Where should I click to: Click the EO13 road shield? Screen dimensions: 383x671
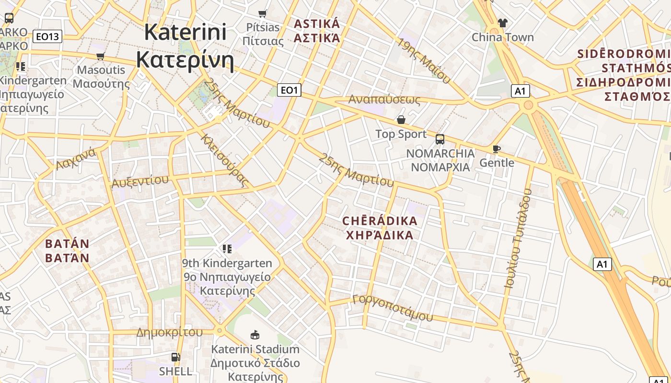point(48,36)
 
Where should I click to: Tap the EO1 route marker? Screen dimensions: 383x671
point(289,90)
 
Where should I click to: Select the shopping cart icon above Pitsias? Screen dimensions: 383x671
point(262,13)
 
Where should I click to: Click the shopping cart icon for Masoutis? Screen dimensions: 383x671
point(101,56)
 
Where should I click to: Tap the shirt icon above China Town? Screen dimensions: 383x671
point(502,23)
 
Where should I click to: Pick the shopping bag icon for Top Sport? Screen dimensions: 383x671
point(401,119)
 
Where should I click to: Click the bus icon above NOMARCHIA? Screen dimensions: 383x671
point(440,139)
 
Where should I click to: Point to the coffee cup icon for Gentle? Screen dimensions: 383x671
point(497,149)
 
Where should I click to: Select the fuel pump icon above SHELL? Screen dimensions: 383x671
point(176,357)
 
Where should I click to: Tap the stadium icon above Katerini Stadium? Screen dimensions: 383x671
point(255,335)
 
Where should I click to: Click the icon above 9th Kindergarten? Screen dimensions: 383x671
point(227,248)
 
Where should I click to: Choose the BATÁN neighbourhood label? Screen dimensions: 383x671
point(67,250)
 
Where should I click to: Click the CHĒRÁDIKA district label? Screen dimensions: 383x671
point(380,228)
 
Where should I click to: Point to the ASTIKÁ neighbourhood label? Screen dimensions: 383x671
point(317,31)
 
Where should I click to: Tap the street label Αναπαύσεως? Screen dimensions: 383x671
point(384,100)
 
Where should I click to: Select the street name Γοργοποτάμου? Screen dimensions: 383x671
point(392,308)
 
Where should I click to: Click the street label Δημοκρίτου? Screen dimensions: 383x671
point(169,332)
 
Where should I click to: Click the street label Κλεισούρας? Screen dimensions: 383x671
point(225,160)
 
